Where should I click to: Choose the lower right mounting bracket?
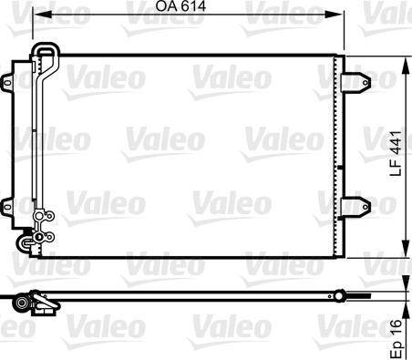358,207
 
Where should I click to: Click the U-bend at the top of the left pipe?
43,50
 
